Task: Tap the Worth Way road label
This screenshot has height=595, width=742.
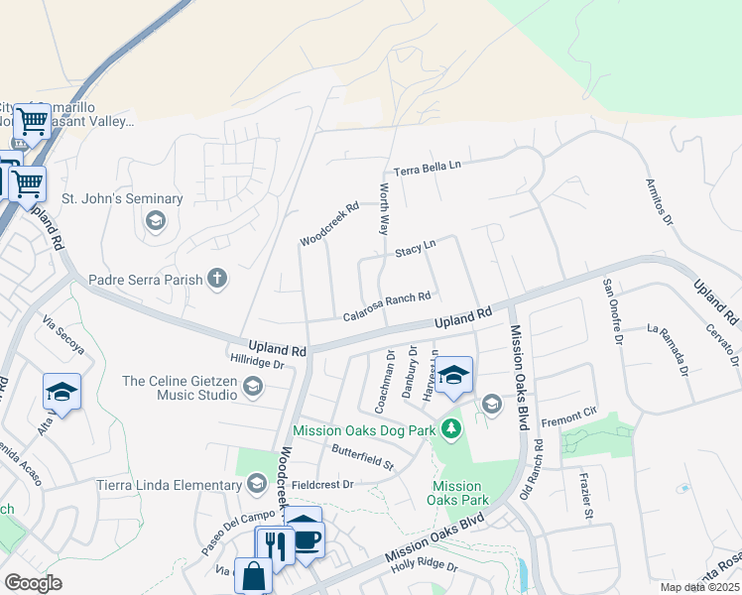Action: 382,207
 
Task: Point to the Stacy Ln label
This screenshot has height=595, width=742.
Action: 415,249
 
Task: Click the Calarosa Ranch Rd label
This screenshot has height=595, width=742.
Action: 386,305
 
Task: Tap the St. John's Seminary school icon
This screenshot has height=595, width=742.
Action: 155,220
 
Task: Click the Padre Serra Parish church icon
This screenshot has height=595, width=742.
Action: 217,279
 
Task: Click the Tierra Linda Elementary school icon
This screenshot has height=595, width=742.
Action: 257,484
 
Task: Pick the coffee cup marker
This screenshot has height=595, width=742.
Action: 306,539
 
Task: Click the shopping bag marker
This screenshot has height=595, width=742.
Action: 253,576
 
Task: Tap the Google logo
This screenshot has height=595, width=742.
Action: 33,583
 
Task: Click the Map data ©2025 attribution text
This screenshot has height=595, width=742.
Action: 697,587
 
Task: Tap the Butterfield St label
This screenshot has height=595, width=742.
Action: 362,457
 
